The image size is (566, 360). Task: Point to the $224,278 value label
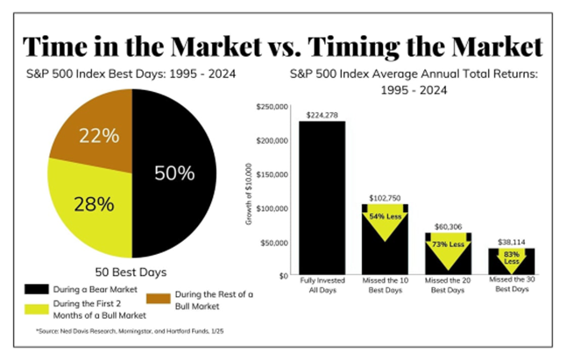(322, 114)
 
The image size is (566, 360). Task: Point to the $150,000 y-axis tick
(270, 174)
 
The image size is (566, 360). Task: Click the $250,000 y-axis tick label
(270, 107)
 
